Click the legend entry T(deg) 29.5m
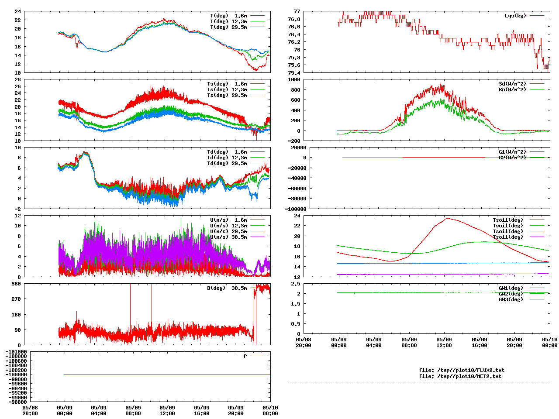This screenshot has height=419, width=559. (228, 27)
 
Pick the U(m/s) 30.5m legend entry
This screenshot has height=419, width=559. (228, 237)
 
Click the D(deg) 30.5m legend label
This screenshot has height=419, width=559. (227, 288)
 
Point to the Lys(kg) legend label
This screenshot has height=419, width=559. (515, 16)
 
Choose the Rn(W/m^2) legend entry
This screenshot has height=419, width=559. (512, 89)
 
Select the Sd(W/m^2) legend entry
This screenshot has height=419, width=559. (512, 84)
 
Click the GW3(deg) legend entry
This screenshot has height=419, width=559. (511, 299)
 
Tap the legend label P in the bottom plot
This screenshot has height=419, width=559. (245, 356)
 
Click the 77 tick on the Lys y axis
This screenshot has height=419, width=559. (297, 11)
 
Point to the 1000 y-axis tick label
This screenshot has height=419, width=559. (294, 79)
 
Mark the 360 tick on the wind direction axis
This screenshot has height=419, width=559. (16, 284)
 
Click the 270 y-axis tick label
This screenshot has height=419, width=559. (16, 299)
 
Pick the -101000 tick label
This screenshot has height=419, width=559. (16, 352)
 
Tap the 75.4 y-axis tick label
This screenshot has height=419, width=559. (294, 72)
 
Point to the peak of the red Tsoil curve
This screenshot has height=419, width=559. (448, 218)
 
